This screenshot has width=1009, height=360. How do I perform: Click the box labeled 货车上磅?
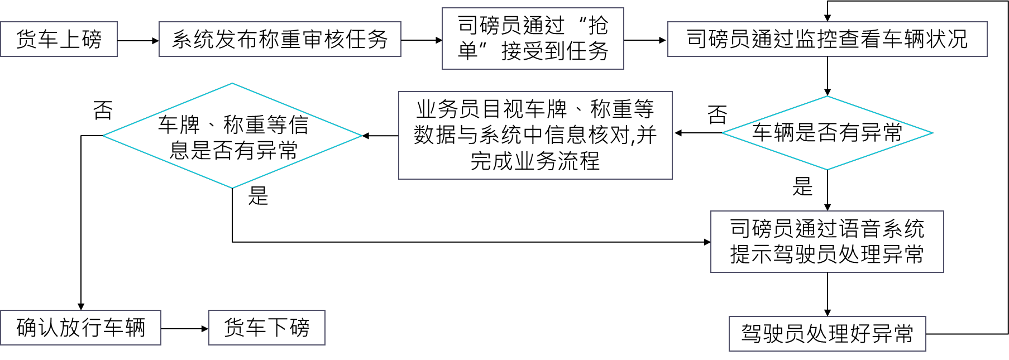(x=59, y=39)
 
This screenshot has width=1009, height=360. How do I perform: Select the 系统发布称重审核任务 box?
(x=280, y=39)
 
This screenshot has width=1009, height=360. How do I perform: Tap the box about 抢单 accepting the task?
(x=532, y=39)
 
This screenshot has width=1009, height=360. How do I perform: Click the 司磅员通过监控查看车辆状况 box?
(x=827, y=39)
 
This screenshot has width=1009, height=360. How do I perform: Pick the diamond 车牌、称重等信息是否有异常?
(x=233, y=136)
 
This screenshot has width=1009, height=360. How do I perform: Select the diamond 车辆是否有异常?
(x=827, y=133)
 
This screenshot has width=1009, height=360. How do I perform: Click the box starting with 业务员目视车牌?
(x=535, y=135)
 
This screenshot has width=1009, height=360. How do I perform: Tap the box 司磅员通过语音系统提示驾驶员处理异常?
(x=826, y=242)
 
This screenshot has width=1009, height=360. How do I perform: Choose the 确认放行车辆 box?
(x=80, y=328)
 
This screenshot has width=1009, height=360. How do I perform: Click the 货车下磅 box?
(x=266, y=328)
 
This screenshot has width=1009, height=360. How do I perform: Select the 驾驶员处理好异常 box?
(x=827, y=334)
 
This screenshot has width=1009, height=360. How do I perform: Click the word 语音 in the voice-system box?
(x=859, y=229)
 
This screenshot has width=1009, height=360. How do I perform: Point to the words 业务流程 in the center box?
(x=557, y=161)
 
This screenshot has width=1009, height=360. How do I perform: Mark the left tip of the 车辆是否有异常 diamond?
(x=724, y=133)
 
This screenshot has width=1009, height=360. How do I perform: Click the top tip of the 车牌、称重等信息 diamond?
(x=232, y=84)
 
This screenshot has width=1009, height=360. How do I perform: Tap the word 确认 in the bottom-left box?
(x=37, y=328)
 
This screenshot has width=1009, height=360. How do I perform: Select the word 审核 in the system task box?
(x=323, y=39)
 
